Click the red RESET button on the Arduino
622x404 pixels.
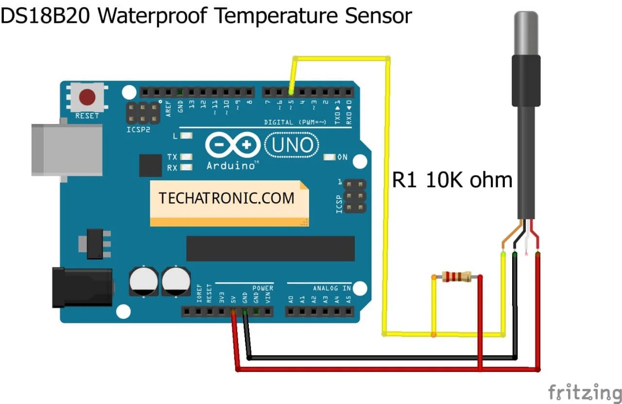coord(87,97)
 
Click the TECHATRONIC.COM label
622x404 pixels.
coord(226,198)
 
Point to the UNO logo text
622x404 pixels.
coord(292,145)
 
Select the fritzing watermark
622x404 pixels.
coord(585,392)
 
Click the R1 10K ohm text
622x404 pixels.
coord(452,180)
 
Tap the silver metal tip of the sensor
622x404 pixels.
coord(526,34)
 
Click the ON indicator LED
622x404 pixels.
coord(330,157)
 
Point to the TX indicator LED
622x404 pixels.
coord(185,157)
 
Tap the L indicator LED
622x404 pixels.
coord(186,136)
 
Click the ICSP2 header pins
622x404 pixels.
coord(143,113)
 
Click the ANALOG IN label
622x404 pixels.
coord(332,288)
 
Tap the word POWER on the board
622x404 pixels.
coord(263,288)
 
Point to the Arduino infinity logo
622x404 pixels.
coord(233,145)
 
